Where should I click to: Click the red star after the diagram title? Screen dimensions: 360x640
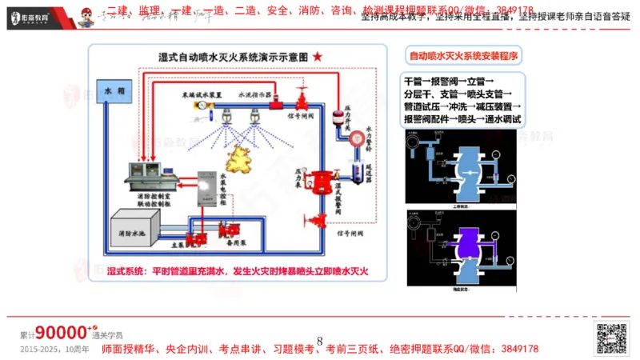(x=318, y=57)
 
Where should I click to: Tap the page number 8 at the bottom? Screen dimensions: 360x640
(x=320, y=342)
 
